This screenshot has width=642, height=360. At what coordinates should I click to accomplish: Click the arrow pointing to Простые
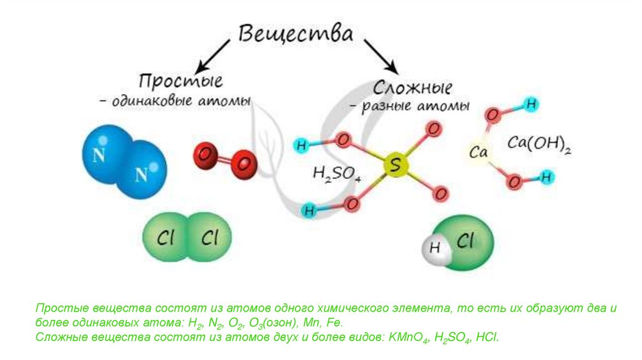pos(212,54)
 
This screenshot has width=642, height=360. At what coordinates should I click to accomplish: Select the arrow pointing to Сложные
pos(381,55)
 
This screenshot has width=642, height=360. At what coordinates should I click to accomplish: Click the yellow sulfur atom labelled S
pos(395,166)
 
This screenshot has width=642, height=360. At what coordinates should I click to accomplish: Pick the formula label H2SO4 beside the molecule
pos(337,174)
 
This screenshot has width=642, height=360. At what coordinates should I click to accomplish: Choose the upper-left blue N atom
pos(100,154)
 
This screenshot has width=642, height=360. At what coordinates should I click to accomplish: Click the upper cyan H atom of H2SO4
pos(302,146)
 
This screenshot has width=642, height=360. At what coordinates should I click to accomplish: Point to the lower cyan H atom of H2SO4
pos(308,210)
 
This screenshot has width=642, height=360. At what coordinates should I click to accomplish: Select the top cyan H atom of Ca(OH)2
pos(531,105)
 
